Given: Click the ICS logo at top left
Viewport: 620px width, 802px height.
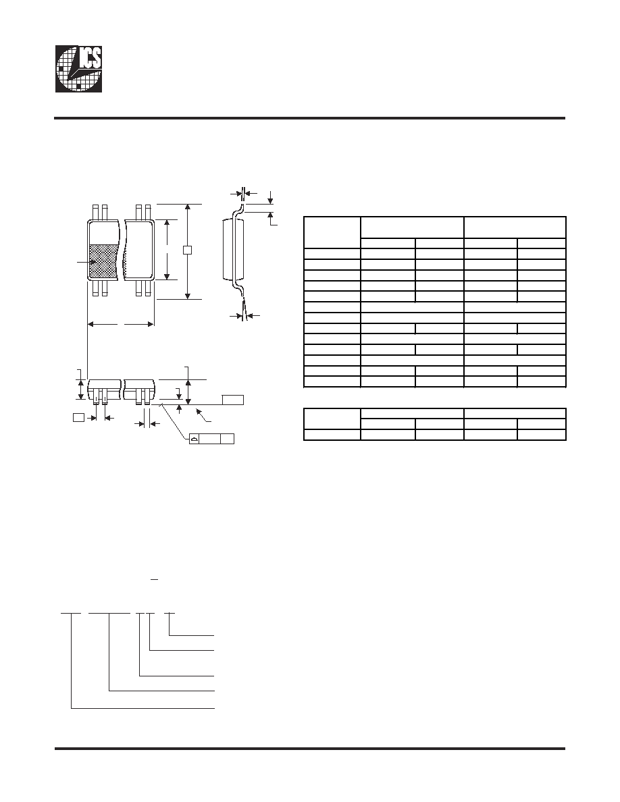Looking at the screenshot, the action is point(79,69).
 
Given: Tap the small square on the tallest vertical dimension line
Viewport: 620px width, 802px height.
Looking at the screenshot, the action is point(188,250).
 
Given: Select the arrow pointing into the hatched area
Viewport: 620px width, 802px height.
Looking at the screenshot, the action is point(86,263).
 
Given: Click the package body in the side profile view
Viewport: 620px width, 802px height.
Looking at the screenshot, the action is point(229,249).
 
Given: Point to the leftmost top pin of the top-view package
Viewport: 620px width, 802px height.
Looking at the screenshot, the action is point(95,212).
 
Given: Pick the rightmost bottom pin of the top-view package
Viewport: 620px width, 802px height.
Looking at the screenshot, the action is point(149,288).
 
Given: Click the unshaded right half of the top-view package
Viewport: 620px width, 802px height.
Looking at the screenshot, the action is point(139,250).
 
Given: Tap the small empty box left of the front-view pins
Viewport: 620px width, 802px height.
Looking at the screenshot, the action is point(78,417).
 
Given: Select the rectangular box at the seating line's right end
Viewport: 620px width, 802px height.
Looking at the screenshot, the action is point(233,400).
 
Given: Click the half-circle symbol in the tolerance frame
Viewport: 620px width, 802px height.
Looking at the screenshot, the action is point(194,439).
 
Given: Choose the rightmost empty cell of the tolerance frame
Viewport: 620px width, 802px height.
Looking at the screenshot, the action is point(227,439).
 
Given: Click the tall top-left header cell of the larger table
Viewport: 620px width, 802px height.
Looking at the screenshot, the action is point(332,232).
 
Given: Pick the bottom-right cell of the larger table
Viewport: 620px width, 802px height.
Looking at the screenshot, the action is point(541,381).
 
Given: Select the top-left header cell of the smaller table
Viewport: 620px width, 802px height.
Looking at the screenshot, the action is point(332,419).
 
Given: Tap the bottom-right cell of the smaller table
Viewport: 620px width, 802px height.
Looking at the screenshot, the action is point(541,435).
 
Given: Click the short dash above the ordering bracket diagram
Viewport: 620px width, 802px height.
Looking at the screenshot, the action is point(155,579).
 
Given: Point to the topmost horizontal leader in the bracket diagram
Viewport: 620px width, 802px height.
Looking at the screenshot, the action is point(191,636).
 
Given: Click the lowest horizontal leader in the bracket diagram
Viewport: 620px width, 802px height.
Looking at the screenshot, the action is point(143,708).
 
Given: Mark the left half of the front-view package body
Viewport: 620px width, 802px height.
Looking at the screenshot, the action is point(105,390).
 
